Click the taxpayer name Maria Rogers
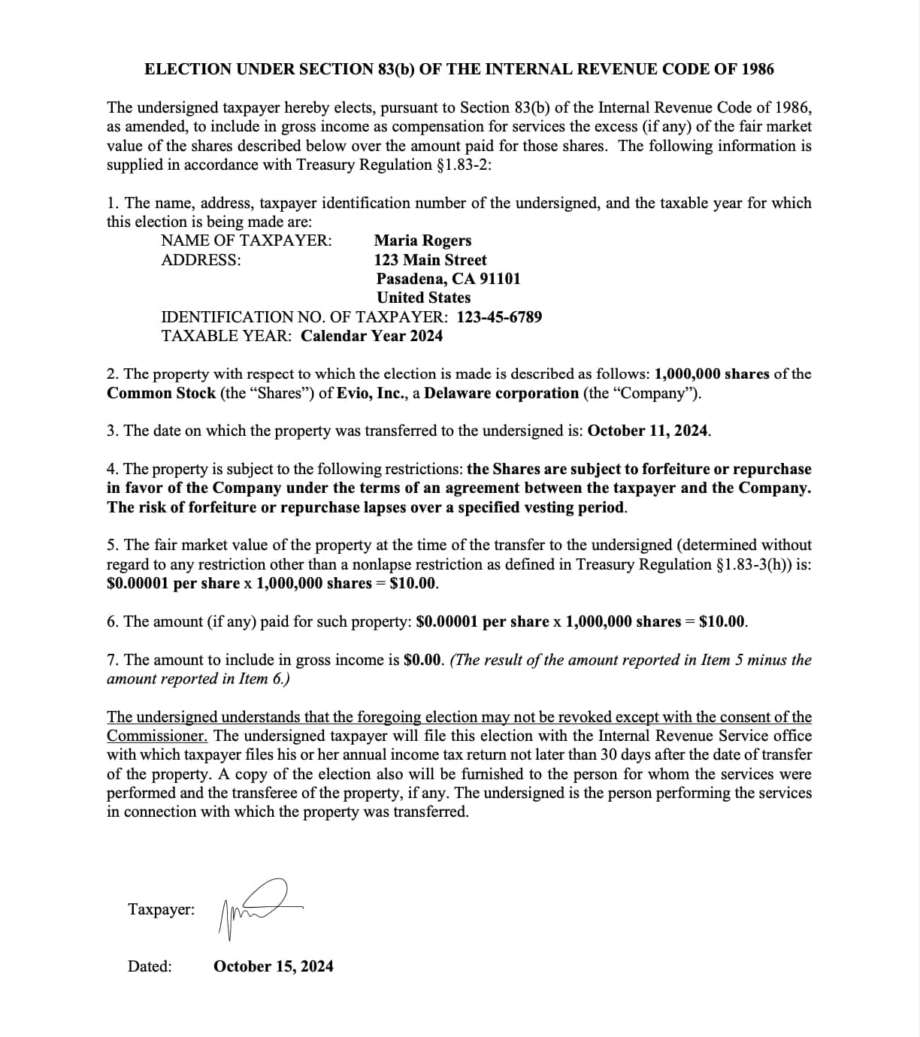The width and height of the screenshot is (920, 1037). [x=422, y=240]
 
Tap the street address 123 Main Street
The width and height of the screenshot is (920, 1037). [x=430, y=260]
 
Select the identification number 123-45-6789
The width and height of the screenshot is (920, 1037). [x=499, y=317]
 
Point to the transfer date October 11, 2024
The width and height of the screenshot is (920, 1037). [x=649, y=431]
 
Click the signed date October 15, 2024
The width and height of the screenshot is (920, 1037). [x=274, y=966]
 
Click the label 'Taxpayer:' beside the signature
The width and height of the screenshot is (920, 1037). [x=161, y=909]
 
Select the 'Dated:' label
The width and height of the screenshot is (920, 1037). [x=150, y=966]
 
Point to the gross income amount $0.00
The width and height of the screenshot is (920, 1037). [x=423, y=660]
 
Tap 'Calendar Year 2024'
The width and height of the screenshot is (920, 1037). [x=371, y=336]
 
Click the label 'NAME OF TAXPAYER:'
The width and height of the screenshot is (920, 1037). [x=247, y=240]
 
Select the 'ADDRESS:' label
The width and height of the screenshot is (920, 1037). [x=201, y=260]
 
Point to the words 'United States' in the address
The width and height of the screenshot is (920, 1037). [x=423, y=298]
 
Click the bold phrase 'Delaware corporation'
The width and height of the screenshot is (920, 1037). [x=501, y=393]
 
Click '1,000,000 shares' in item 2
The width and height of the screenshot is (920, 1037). [x=712, y=373]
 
